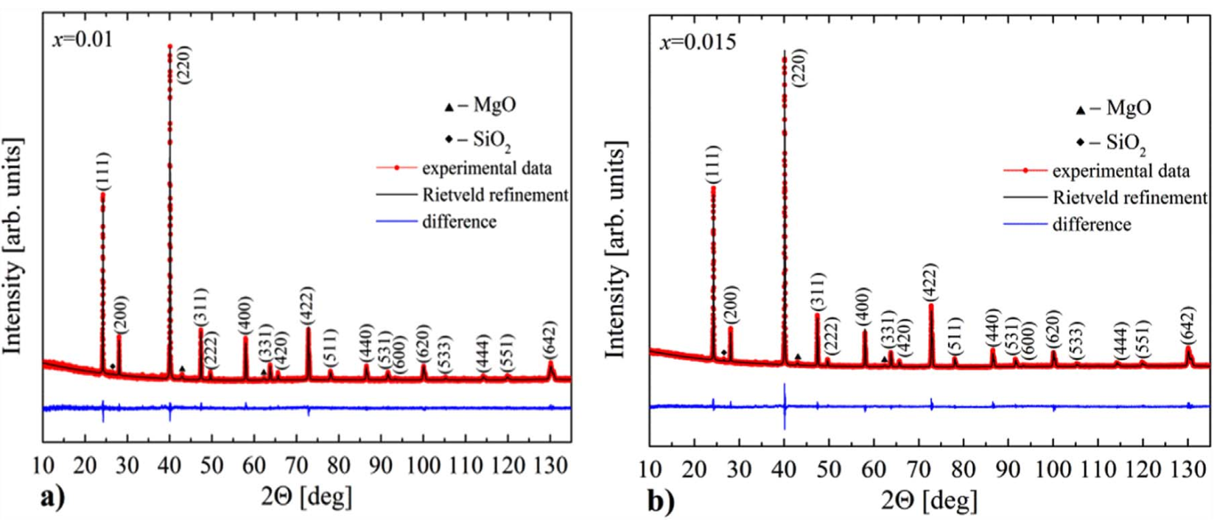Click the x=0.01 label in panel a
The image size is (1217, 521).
tap(83, 39)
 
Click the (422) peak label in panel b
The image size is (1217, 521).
tap(931, 282)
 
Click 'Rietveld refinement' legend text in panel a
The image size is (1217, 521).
tap(495, 195)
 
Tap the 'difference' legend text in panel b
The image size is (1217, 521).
tap(1091, 224)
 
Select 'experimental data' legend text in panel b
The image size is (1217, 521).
tap(1120, 172)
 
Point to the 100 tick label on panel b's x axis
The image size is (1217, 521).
tap(1053, 469)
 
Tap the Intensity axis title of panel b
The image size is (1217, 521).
tap(616, 251)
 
